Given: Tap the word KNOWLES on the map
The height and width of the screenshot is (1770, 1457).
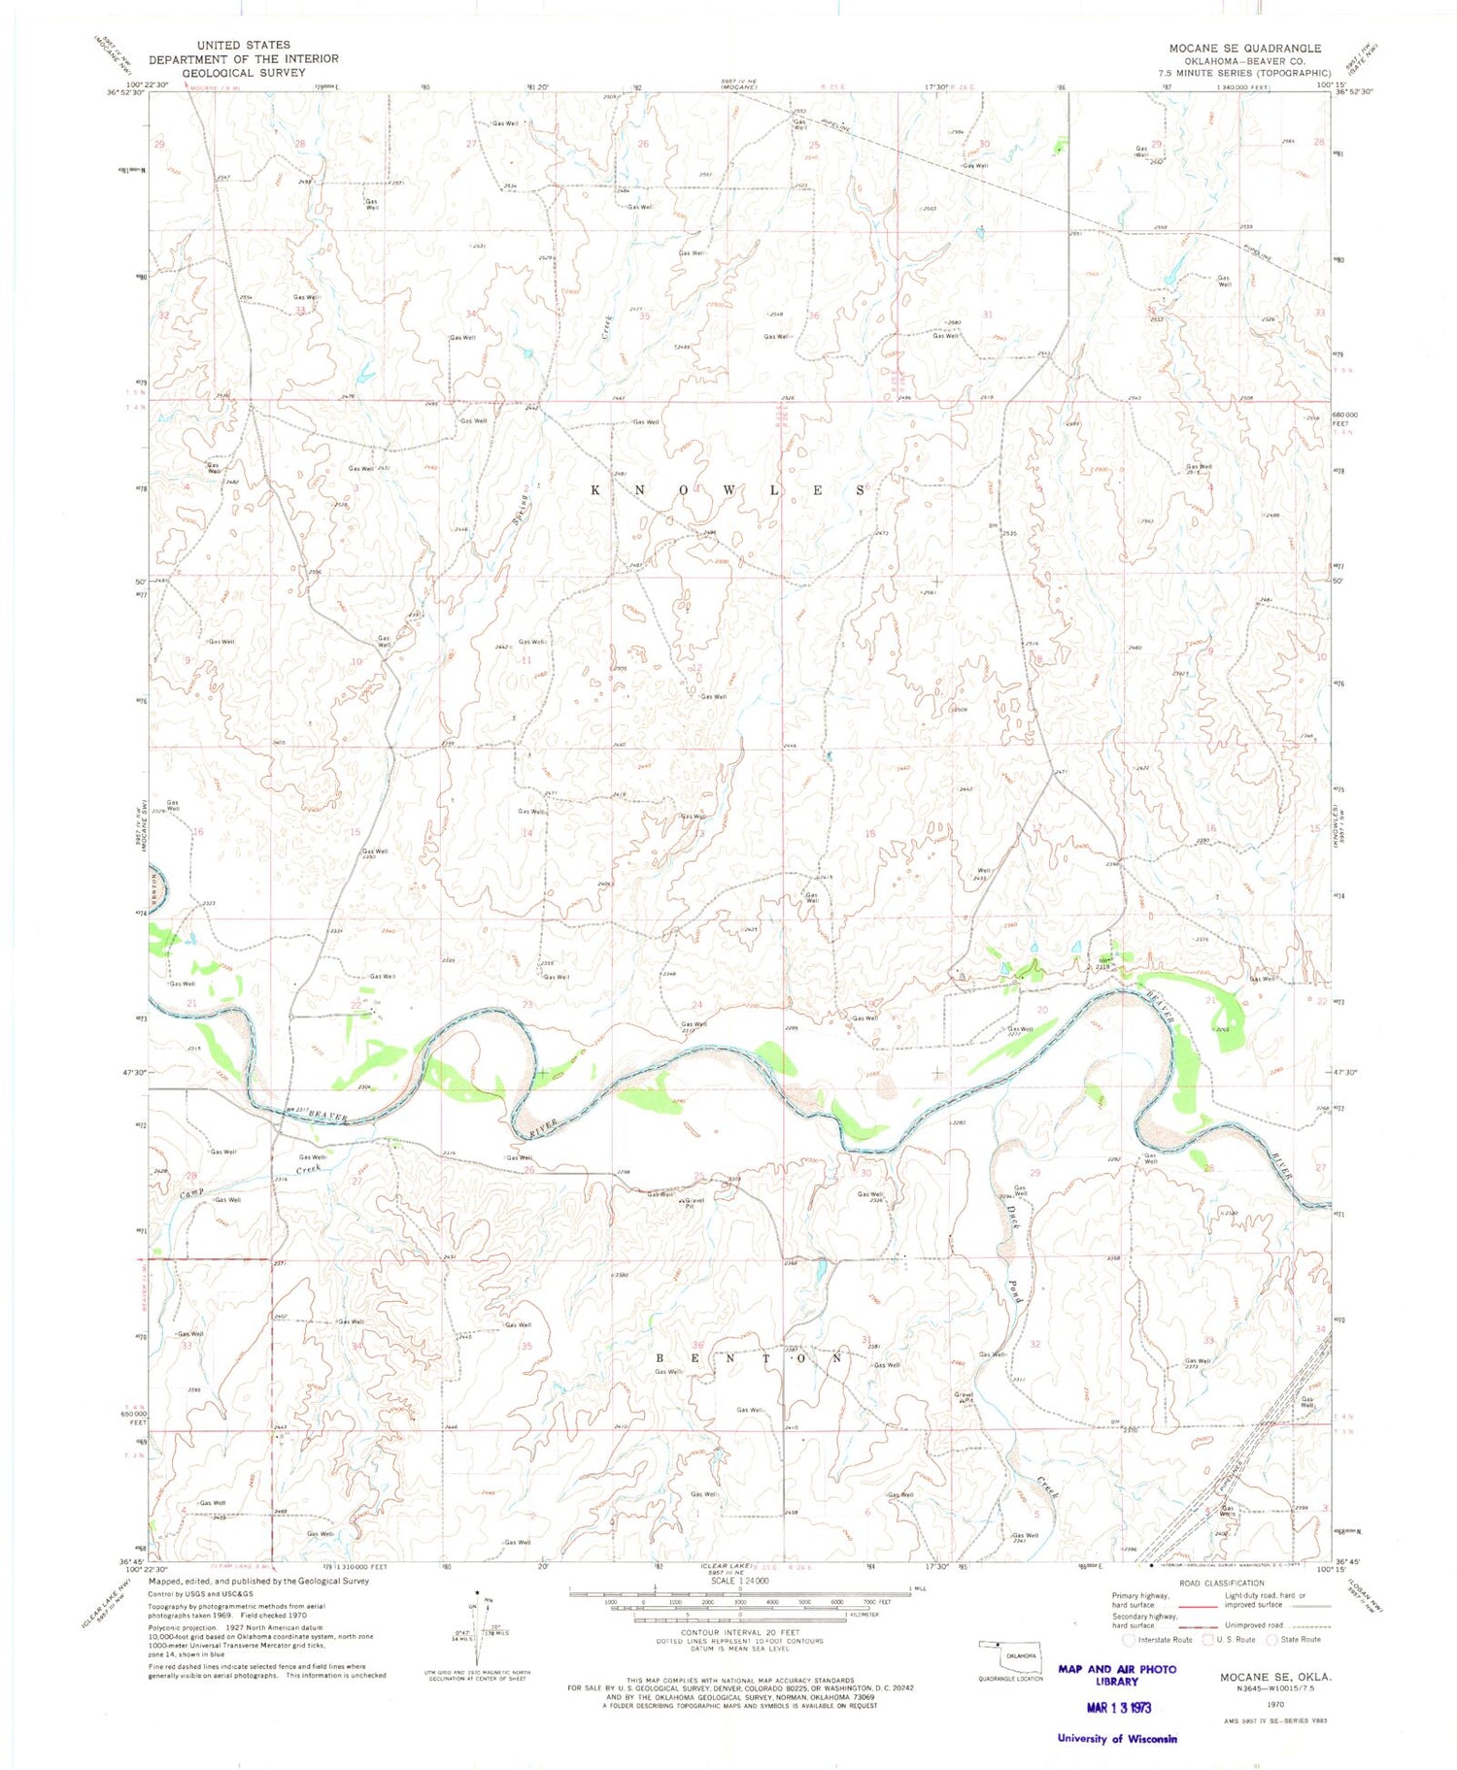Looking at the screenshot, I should click(728, 491).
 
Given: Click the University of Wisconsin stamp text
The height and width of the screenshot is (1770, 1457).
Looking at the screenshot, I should click(1117, 1738).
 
